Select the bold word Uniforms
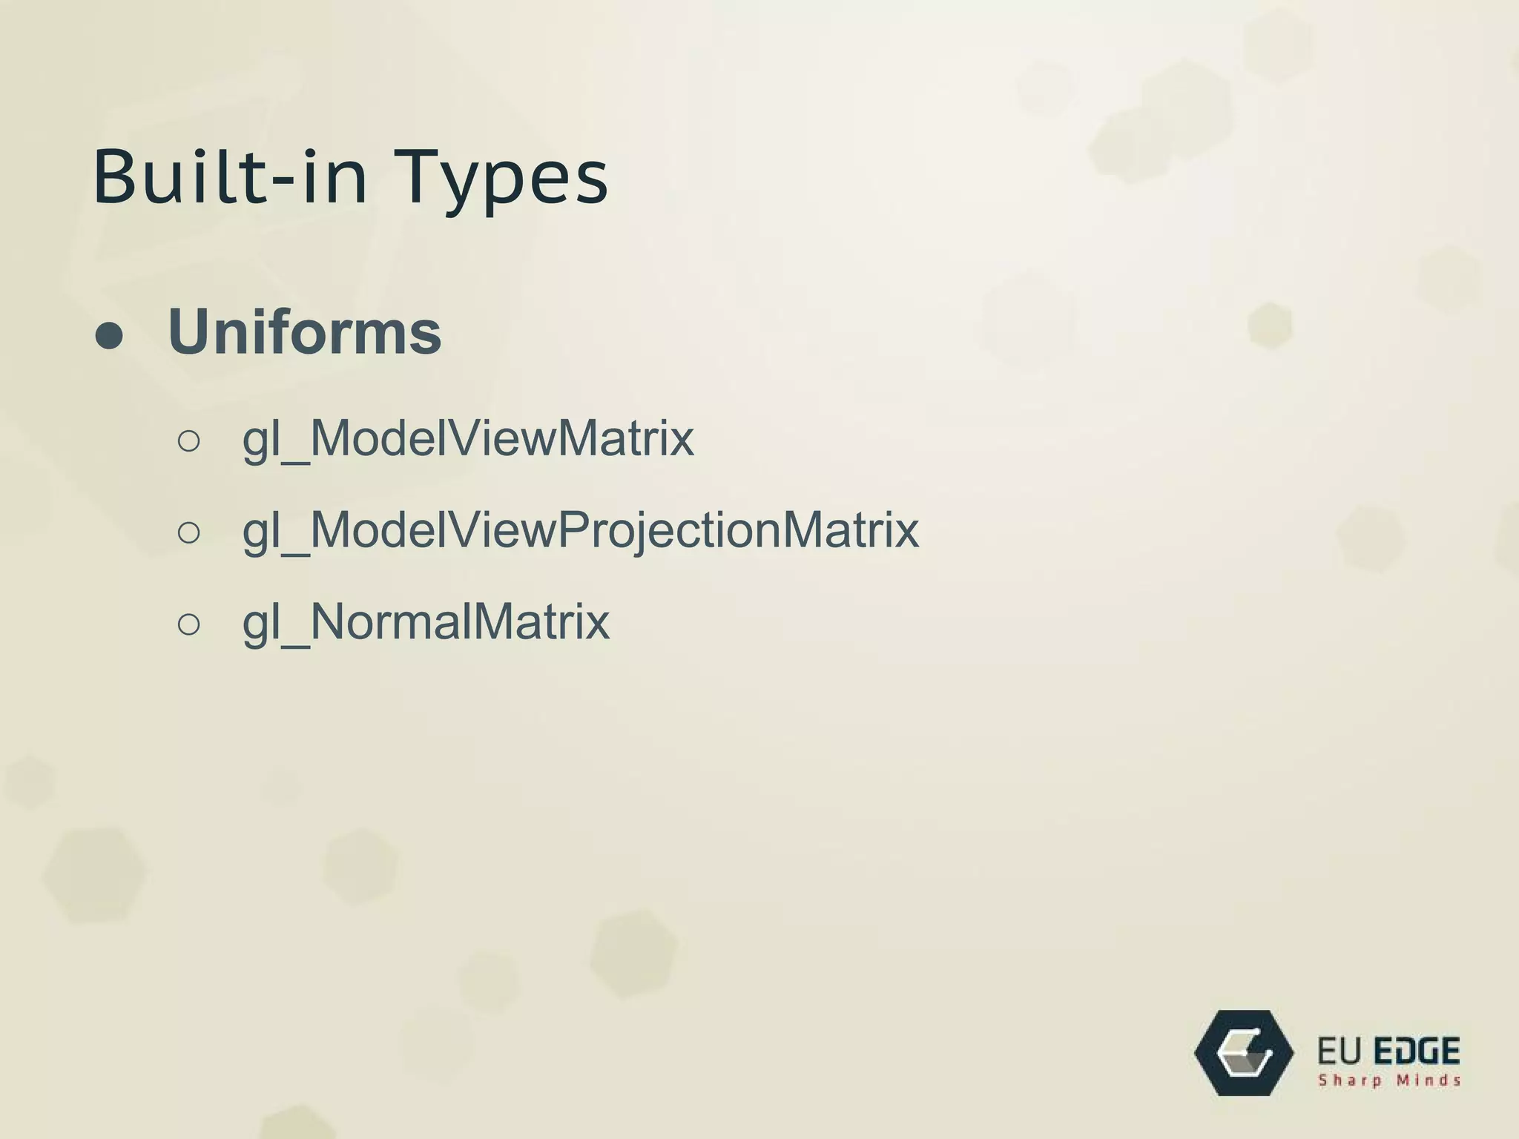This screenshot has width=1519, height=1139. (305, 331)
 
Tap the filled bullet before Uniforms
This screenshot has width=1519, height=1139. (109, 336)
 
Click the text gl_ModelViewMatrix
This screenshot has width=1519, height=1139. (468, 438)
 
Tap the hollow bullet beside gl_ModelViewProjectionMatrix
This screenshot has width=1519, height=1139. (189, 533)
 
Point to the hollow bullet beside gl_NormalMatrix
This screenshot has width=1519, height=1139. (189, 624)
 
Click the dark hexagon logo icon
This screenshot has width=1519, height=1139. (1244, 1052)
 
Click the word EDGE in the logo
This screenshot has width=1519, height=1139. (1417, 1051)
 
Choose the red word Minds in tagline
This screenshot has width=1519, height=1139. (1429, 1080)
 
